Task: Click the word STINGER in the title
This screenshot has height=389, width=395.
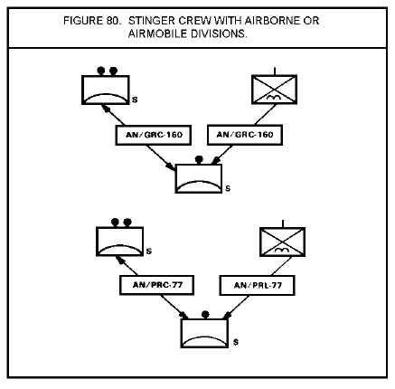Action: pyautogui.click(x=152, y=21)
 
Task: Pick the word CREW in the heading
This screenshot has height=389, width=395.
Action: pyautogui.click(x=195, y=21)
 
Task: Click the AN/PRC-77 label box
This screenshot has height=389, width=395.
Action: pyautogui.click(x=157, y=285)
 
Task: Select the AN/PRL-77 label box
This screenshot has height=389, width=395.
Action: pyautogui.click(x=257, y=285)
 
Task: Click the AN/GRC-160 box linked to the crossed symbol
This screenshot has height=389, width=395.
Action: pyautogui.click(x=245, y=135)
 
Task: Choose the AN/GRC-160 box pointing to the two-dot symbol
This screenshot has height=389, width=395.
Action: pyautogui.click(x=154, y=135)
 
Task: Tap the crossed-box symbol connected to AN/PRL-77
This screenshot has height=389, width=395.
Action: pyautogui.click(x=283, y=242)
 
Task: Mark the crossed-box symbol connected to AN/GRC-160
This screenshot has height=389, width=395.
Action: pyautogui.click(x=275, y=90)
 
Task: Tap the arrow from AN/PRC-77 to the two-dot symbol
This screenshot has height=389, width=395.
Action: pyautogui.click(x=127, y=266)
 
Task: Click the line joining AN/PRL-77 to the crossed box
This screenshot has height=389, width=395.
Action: pyautogui.click(x=281, y=266)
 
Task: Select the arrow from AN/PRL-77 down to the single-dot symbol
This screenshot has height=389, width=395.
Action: pyautogui.click(x=236, y=307)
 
